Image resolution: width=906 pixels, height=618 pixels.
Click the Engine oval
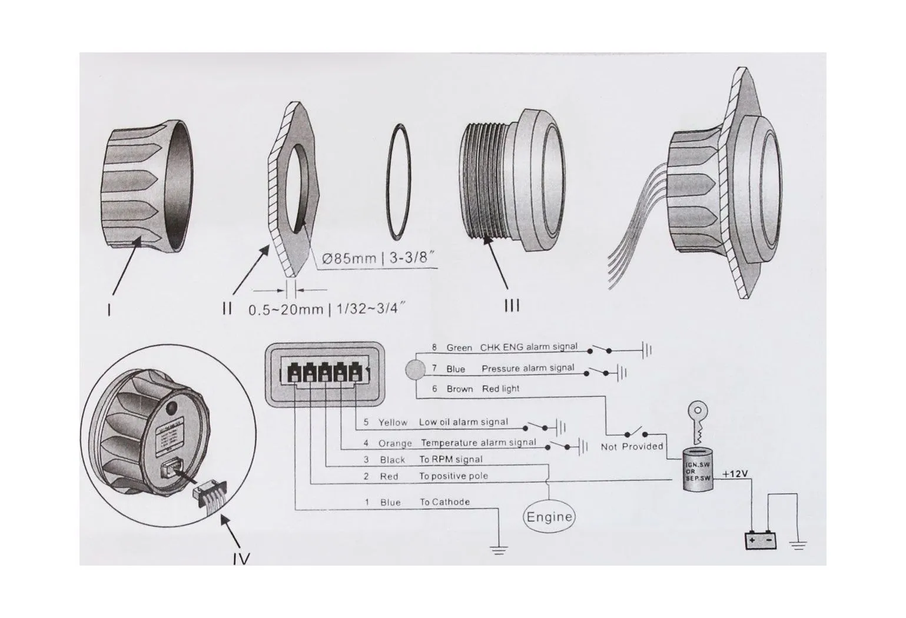point(549,517)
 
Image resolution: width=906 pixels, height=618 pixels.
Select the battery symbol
point(762,540)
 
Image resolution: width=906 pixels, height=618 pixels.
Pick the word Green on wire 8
point(459,348)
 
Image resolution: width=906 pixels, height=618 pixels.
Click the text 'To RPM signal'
point(450,459)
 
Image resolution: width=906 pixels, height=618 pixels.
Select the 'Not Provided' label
point(632,446)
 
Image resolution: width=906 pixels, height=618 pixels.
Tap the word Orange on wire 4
point(391,443)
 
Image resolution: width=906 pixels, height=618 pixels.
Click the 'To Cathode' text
point(444,502)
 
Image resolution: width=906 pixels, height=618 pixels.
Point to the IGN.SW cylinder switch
point(698,469)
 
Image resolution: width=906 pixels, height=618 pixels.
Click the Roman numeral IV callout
point(241,557)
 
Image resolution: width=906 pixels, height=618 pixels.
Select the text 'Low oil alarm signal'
point(463,422)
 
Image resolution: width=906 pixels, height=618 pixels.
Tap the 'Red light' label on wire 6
point(500,388)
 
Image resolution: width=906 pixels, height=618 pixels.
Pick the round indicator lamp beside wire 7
point(416,370)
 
